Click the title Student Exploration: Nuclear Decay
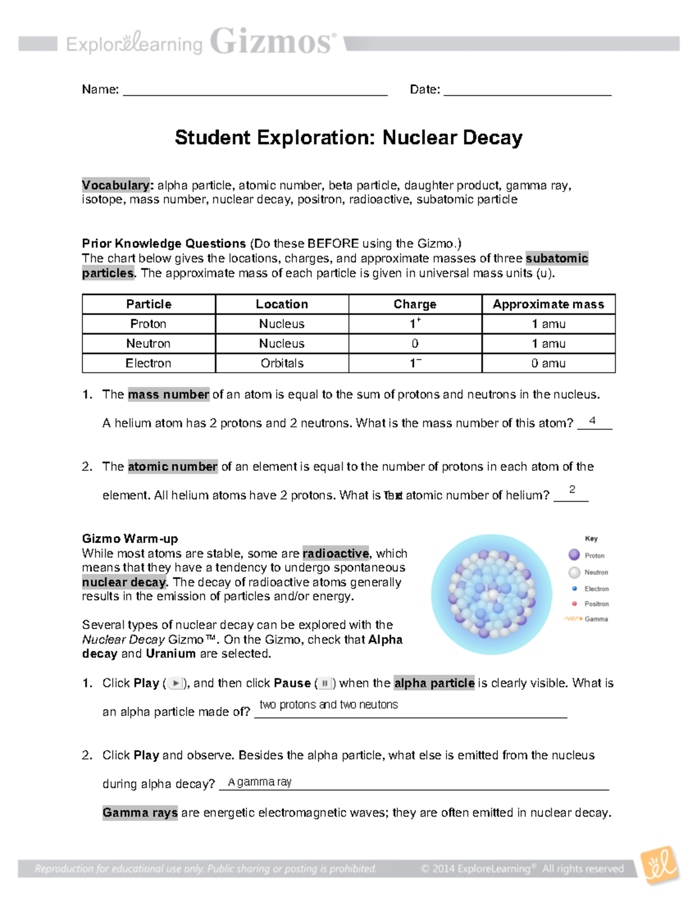(x=348, y=138)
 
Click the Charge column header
(x=415, y=304)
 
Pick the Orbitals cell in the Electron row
(x=282, y=363)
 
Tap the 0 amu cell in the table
(x=548, y=363)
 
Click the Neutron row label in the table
(x=148, y=343)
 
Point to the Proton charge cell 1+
(x=415, y=324)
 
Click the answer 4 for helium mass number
(x=592, y=421)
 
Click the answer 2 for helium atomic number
(x=572, y=490)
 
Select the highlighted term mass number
(x=168, y=394)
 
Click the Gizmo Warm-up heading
(x=130, y=538)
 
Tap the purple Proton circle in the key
(x=574, y=555)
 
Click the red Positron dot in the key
(x=574, y=603)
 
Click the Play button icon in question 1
(x=175, y=684)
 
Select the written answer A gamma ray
(x=260, y=782)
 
